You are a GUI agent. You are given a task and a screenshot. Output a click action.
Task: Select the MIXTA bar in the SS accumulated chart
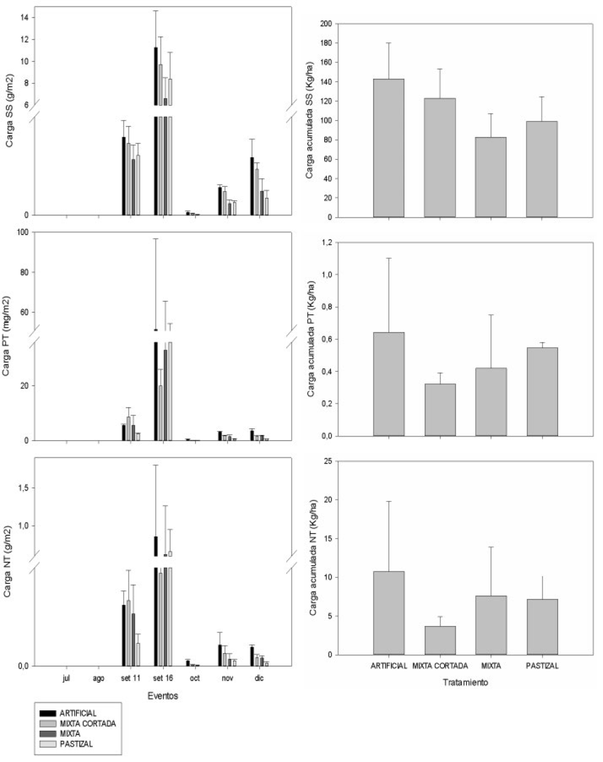(x=491, y=177)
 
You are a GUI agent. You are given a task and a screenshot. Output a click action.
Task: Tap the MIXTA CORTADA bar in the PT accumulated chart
(x=440, y=410)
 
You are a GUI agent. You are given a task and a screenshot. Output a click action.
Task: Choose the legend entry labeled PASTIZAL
(x=76, y=744)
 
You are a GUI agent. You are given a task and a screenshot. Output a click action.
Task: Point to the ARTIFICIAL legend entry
(x=77, y=713)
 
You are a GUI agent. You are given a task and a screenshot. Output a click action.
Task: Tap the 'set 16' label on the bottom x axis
(x=163, y=678)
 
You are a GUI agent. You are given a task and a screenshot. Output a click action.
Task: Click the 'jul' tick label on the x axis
(x=67, y=678)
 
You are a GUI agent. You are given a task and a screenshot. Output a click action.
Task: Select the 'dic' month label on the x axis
(x=259, y=678)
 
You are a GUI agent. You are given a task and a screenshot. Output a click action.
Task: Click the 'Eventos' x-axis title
(x=163, y=696)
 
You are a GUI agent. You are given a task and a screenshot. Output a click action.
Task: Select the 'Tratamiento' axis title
(x=465, y=683)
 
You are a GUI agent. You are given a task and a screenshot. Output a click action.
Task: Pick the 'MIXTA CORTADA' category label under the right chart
(x=440, y=666)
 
